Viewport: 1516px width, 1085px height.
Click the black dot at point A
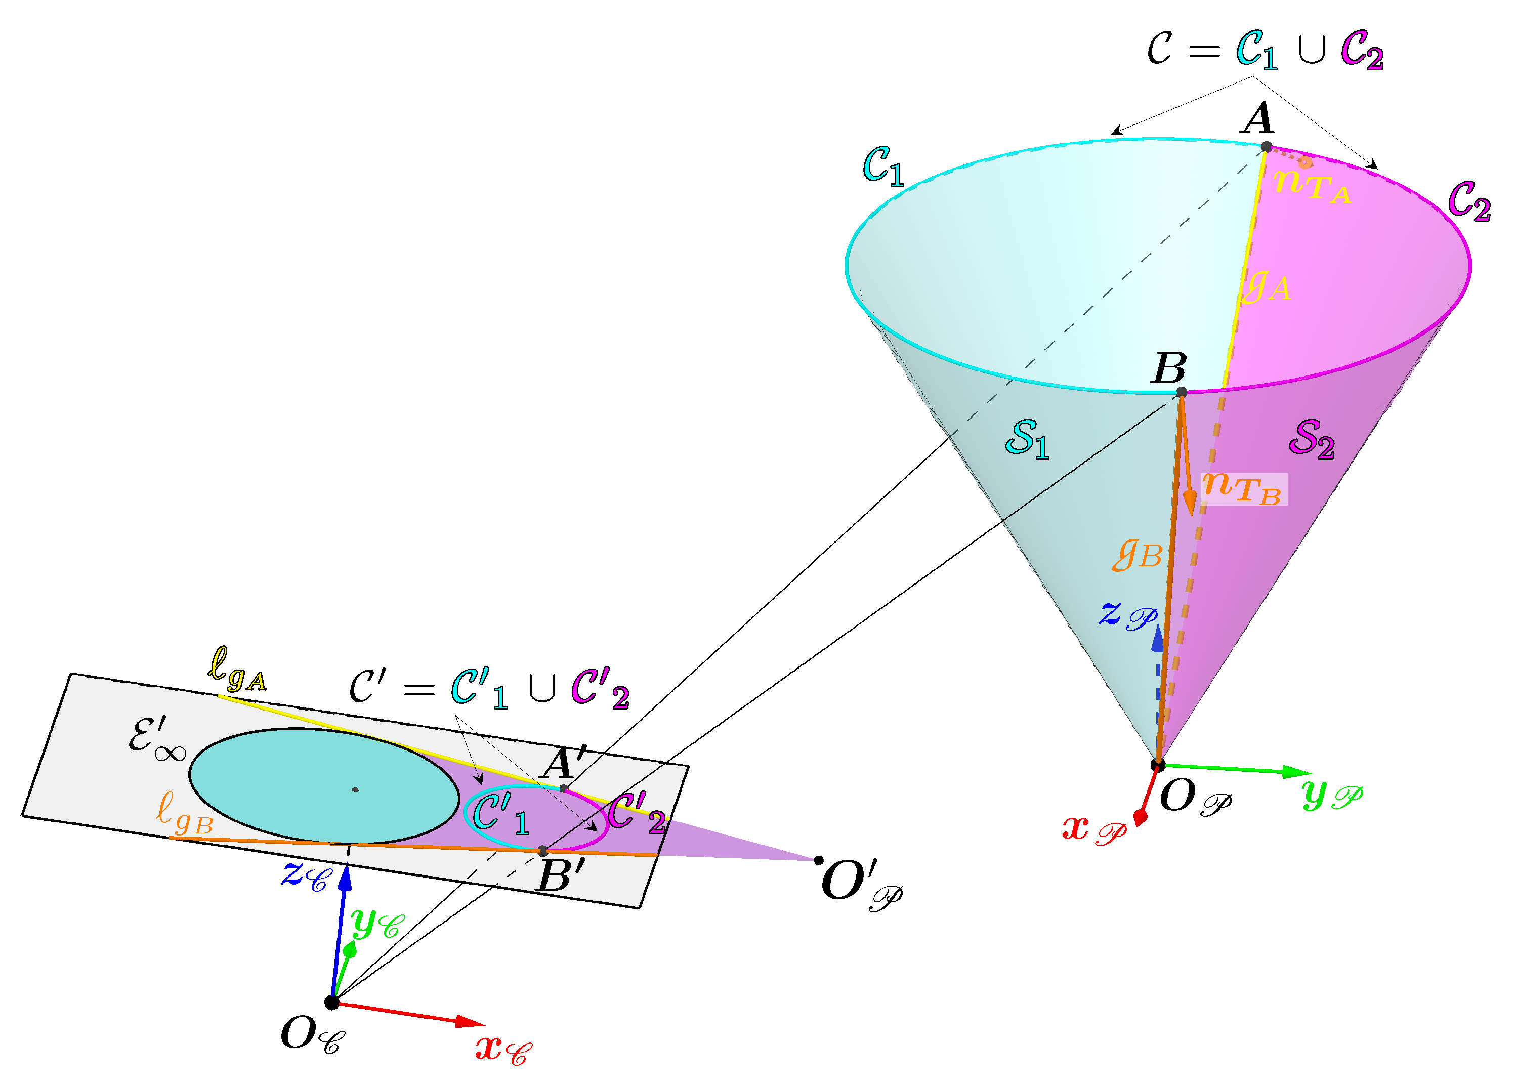(1266, 146)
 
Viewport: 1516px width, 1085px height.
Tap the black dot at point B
(1182, 392)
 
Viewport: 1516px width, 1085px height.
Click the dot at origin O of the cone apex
(1159, 764)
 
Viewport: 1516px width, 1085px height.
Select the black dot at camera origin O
(332, 1002)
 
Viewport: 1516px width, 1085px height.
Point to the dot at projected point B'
(543, 851)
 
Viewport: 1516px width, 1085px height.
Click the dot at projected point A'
(564, 789)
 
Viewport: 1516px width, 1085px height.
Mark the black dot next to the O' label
(819, 860)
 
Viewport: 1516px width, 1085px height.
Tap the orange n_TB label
(1242, 488)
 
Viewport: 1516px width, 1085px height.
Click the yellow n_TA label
(1312, 185)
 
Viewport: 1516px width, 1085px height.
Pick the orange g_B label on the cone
(1138, 555)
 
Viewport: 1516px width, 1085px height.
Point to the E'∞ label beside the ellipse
(157, 739)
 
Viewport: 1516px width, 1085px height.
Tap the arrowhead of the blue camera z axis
(345, 877)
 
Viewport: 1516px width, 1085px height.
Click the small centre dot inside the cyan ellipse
(355, 789)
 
